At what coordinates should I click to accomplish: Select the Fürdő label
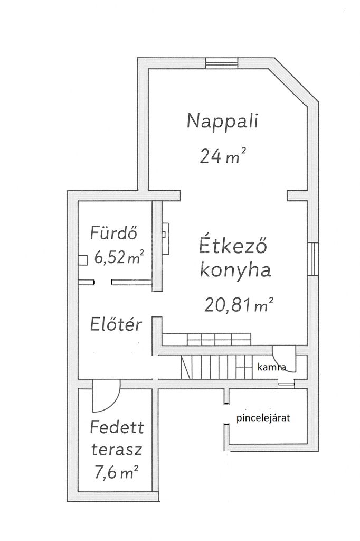(114, 232)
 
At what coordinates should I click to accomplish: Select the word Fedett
(117, 427)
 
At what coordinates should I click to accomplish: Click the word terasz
(117, 449)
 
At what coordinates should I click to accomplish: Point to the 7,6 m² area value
(116, 472)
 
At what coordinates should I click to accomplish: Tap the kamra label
(272, 367)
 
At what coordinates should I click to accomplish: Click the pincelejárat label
(263, 418)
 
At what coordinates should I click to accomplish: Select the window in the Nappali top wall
(222, 63)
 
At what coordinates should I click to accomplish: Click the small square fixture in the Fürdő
(82, 260)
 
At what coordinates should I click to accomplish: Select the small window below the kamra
(286, 383)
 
